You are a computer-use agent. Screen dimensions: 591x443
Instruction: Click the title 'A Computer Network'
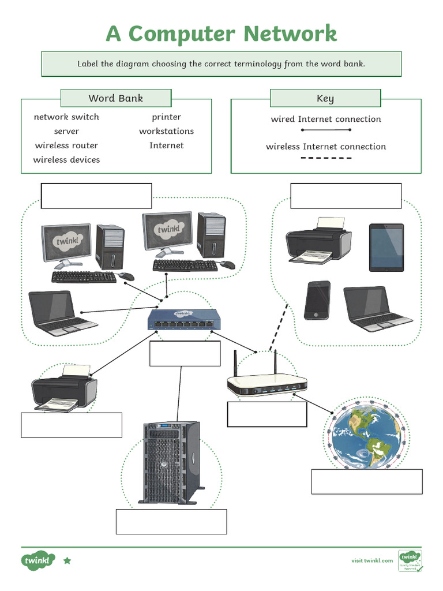(x=221, y=33)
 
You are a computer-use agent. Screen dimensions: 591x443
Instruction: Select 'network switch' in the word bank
(x=66, y=117)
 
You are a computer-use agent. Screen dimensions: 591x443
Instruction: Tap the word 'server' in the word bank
(x=66, y=131)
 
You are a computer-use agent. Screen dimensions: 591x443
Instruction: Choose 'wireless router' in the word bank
(x=66, y=145)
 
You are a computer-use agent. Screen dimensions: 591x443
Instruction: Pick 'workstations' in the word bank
(x=166, y=131)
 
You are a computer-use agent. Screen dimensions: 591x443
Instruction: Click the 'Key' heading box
(x=325, y=98)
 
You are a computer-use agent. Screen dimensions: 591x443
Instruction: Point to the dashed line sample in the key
(x=326, y=158)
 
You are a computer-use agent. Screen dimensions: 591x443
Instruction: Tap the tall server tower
(x=171, y=462)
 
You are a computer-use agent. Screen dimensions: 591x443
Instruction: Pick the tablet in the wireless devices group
(x=386, y=247)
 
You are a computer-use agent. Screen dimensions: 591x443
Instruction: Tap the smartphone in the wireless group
(x=317, y=300)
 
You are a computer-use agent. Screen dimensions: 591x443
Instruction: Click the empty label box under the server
(x=171, y=522)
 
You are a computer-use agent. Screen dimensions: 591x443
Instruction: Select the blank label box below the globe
(x=367, y=482)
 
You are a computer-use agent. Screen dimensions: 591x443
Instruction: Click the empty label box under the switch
(x=185, y=354)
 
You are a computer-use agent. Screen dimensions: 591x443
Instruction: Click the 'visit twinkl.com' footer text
(x=372, y=560)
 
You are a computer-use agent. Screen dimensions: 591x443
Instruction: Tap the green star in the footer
(x=67, y=560)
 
